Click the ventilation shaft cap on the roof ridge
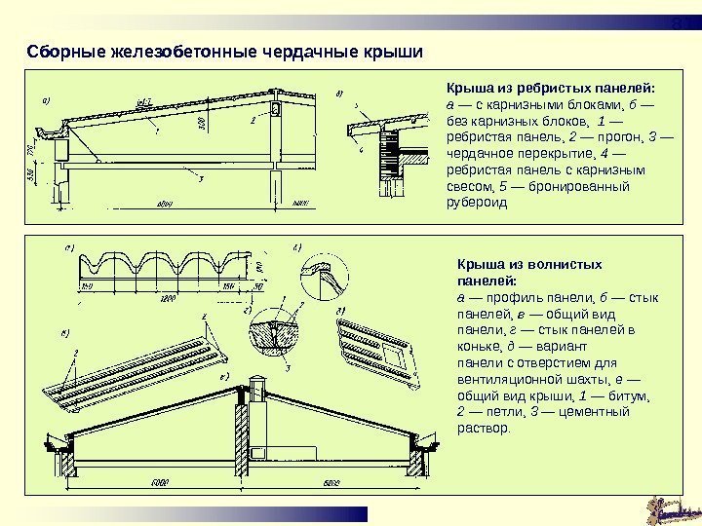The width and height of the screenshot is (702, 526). (259, 381)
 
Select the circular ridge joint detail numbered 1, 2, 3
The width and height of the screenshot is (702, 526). (269, 331)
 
